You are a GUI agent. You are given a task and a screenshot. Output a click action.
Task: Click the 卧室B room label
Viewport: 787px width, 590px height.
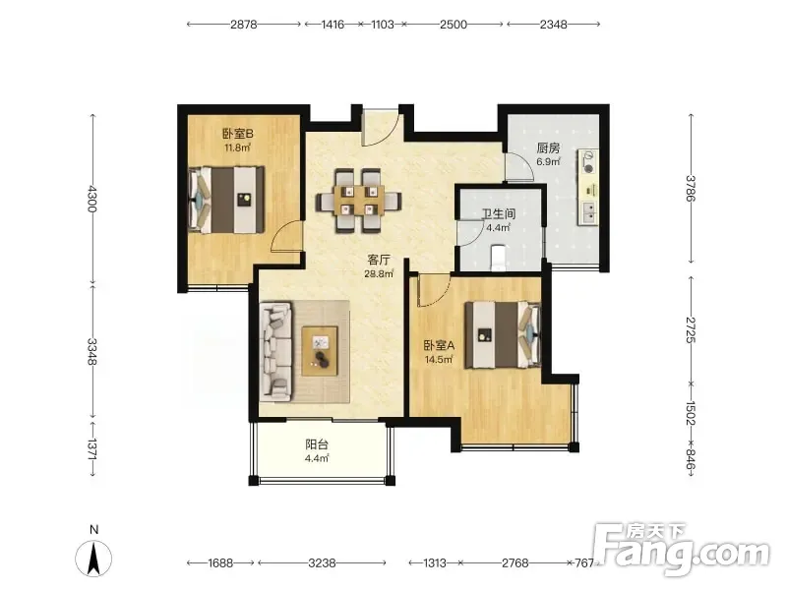click(238, 134)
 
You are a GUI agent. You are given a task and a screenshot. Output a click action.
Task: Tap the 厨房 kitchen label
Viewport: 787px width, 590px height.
click(548, 148)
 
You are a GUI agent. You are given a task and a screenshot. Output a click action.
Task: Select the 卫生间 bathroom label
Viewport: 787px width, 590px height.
click(499, 214)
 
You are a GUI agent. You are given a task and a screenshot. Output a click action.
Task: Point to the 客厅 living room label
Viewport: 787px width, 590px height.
click(379, 260)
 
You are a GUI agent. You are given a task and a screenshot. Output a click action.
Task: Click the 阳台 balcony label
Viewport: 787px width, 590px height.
click(317, 444)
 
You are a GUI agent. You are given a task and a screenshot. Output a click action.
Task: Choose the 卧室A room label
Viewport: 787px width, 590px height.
click(439, 346)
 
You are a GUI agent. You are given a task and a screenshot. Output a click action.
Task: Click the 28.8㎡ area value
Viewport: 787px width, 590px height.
click(379, 274)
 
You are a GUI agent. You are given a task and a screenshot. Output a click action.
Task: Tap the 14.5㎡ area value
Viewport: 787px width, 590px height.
click(439, 360)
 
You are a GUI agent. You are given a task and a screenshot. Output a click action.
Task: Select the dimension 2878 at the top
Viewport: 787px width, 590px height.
click(244, 24)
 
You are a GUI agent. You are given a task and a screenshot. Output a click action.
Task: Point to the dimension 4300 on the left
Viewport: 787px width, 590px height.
click(91, 199)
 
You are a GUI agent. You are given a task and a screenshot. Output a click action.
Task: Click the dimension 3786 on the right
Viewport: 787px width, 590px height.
click(691, 188)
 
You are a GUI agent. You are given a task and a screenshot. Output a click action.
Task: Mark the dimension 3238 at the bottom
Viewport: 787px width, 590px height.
click(322, 562)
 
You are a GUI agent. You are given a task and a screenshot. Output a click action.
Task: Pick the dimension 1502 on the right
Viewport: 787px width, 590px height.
click(691, 413)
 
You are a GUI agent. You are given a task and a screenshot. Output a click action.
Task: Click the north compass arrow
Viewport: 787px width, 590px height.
click(93, 558)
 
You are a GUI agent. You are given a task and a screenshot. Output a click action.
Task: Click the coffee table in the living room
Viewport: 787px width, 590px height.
click(320, 351)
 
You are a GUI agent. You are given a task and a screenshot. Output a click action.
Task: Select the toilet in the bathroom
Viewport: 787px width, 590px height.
click(498, 256)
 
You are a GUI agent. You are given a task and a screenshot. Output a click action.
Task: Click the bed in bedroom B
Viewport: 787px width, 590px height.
click(226, 200)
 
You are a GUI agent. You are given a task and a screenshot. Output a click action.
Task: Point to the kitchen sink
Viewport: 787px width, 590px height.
click(587, 213)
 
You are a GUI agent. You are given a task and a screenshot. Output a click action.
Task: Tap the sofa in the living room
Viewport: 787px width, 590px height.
click(276, 352)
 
